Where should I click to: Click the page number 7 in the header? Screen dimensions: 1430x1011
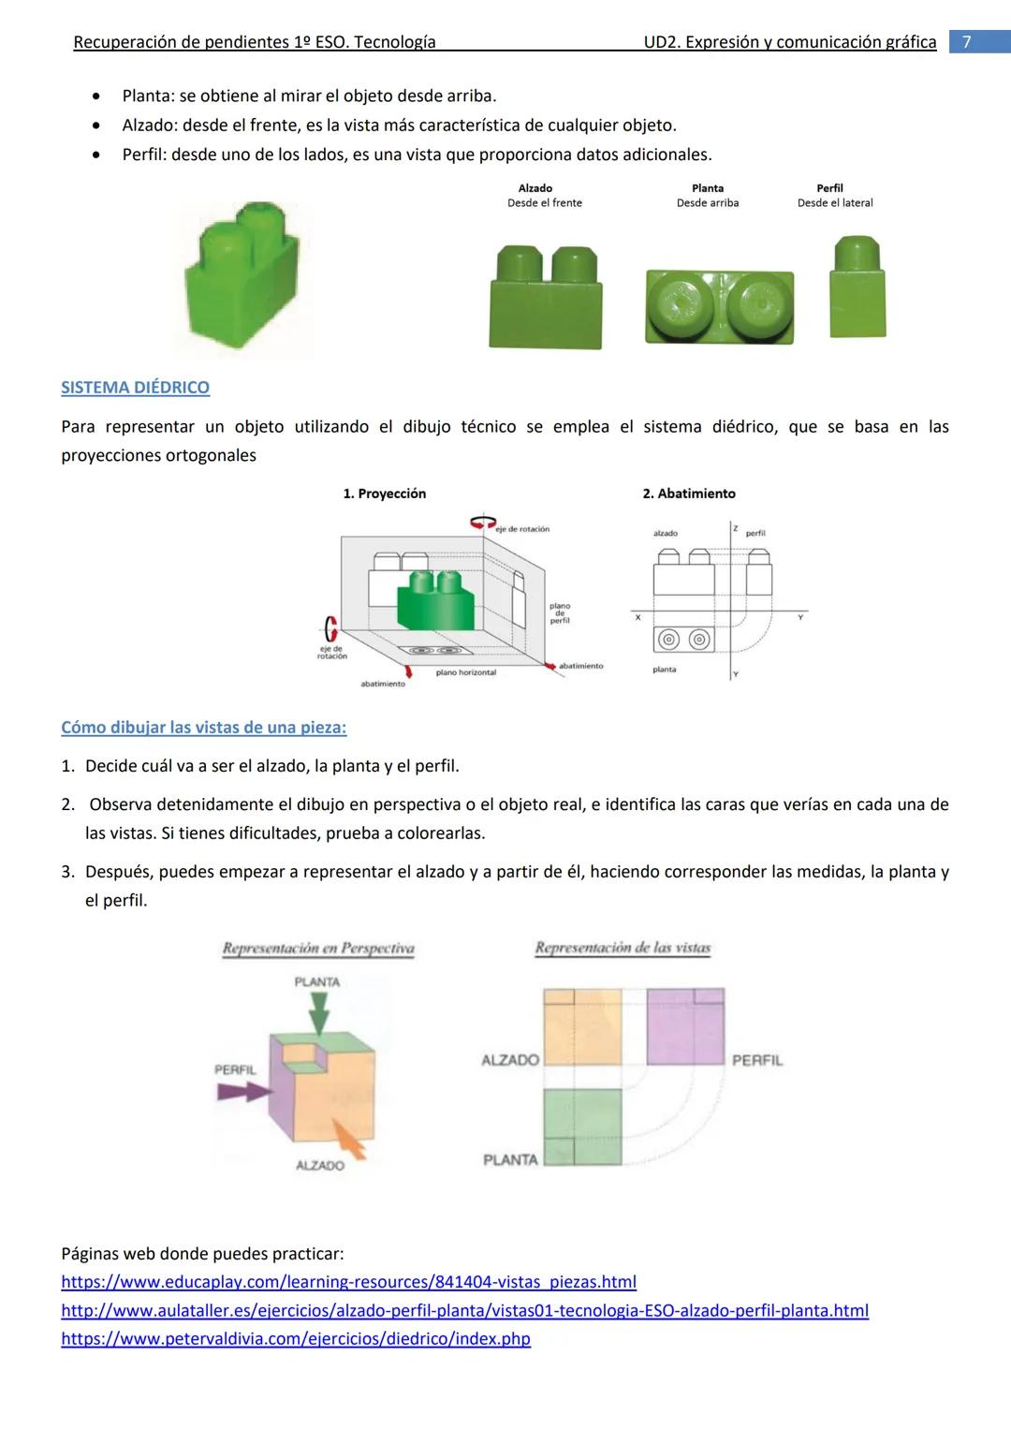pos(967,42)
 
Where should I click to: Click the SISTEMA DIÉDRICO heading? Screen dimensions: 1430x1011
pos(135,388)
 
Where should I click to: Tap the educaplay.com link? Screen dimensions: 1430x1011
pos(348,1281)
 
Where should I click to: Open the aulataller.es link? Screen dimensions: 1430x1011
pos(464,1310)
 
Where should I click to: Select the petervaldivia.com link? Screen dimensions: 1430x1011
pos(296,1338)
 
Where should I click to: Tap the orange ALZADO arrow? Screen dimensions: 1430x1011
pos(350,1142)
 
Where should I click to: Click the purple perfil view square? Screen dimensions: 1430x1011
pos(685,1026)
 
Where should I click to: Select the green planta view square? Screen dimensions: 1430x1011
pos(582,1126)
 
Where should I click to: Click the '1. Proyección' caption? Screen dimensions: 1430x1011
pos(384,494)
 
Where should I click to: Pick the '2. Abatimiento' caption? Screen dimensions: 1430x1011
pos(689,494)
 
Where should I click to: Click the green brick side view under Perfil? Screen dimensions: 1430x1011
pos(857,288)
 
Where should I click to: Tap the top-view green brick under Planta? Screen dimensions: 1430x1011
pos(719,306)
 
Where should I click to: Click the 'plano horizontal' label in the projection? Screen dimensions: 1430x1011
pos(466,672)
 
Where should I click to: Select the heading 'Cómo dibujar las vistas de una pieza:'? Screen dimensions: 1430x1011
pos(203,728)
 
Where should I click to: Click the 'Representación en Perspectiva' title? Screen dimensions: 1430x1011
pos(318,949)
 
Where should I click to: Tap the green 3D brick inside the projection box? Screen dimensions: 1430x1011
pos(435,601)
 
